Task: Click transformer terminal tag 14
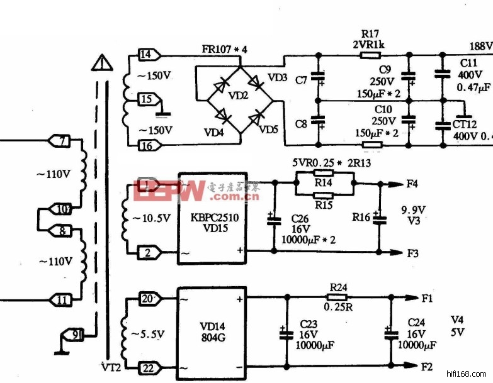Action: click(145, 55)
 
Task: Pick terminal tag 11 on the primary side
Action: click(60, 300)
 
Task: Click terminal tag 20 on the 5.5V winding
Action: click(147, 298)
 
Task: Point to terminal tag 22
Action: click(147, 368)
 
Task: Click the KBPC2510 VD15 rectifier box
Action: click(212, 218)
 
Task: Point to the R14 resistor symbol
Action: click(323, 182)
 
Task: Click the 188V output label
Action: click(480, 46)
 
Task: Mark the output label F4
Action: click(412, 184)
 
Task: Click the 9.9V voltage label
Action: click(414, 209)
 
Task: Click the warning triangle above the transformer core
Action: click(100, 64)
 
